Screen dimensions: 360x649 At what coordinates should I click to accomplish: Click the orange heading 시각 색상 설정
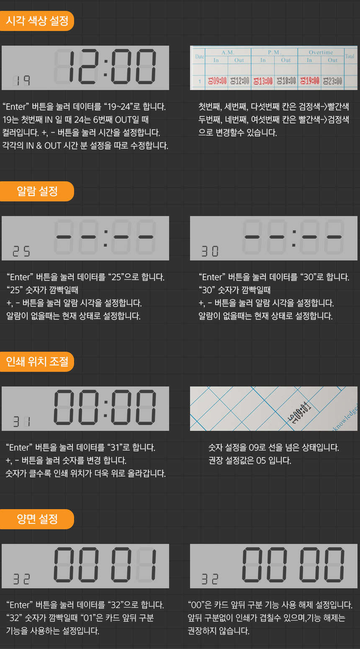(37, 21)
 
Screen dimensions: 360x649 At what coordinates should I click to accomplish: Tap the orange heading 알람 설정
(37, 191)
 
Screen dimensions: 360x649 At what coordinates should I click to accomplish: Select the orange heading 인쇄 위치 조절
(37, 362)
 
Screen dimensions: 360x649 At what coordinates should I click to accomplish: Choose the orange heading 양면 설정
(37, 519)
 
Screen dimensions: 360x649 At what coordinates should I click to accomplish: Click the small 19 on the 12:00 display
(22, 81)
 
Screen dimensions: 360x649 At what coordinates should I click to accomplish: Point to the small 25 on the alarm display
(21, 251)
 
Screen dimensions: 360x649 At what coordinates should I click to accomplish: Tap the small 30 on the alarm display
(210, 251)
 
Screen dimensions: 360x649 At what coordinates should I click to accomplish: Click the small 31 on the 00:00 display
(22, 422)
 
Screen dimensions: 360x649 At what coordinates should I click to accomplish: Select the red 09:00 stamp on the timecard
(217, 81)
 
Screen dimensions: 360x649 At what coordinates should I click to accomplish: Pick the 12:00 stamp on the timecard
(240, 81)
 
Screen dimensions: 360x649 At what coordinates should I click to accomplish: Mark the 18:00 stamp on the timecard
(286, 81)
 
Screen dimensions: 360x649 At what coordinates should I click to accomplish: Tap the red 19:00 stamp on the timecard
(310, 81)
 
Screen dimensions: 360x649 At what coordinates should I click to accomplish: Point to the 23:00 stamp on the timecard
(332, 81)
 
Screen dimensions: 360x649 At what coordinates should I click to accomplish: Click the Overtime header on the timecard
(321, 52)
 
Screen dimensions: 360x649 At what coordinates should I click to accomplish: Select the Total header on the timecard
(350, 57)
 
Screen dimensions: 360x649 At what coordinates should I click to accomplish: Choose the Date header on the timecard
(200, 57)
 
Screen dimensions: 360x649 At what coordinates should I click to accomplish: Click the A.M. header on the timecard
(228, 52)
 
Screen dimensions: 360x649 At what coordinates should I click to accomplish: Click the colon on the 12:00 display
(106, 68)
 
